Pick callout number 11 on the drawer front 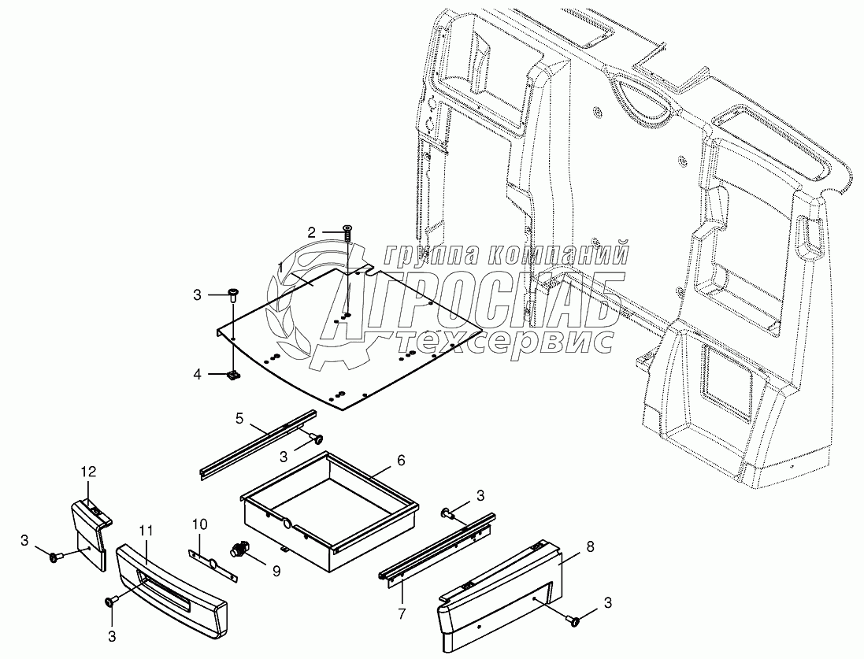point(88,472)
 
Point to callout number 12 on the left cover point(88,472)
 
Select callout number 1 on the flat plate point(280,268)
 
